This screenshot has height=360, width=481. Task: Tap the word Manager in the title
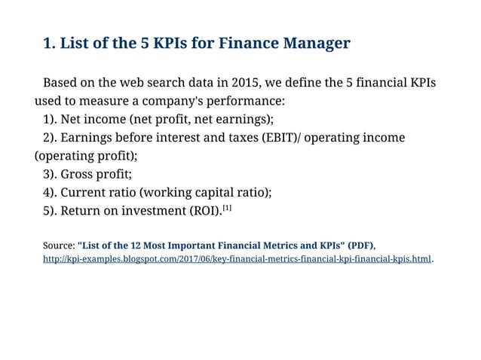317,43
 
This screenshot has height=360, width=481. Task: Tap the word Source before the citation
58,246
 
